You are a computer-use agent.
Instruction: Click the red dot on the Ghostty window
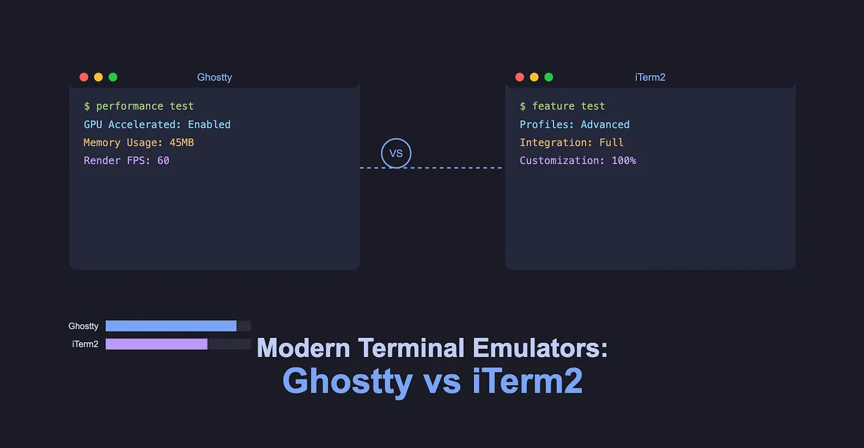(84, 77)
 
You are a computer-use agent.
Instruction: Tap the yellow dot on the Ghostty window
(99, 77)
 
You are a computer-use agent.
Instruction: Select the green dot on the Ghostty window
(113, 77)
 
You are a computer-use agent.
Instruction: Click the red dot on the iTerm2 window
(520, 77)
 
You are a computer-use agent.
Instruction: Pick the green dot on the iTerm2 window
(549, 77)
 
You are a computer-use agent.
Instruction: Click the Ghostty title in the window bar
(214, 77)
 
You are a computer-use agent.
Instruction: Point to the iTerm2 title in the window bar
(650, 77)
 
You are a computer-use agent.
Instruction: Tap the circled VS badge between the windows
(396, 153)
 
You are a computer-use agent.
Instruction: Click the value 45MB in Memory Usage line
(181, 143)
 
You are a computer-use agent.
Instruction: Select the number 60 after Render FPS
(164, 160)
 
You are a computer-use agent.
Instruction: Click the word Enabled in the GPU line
(209, 124)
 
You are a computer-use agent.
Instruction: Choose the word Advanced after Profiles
(605, 124)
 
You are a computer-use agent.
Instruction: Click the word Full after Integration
(611, 143)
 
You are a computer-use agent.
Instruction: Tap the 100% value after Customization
(624, 160)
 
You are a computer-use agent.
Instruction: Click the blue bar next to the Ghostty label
(171, 326)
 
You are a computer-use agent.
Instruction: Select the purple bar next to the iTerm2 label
(157, 344)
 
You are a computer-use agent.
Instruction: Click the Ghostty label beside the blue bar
(83, 326)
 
